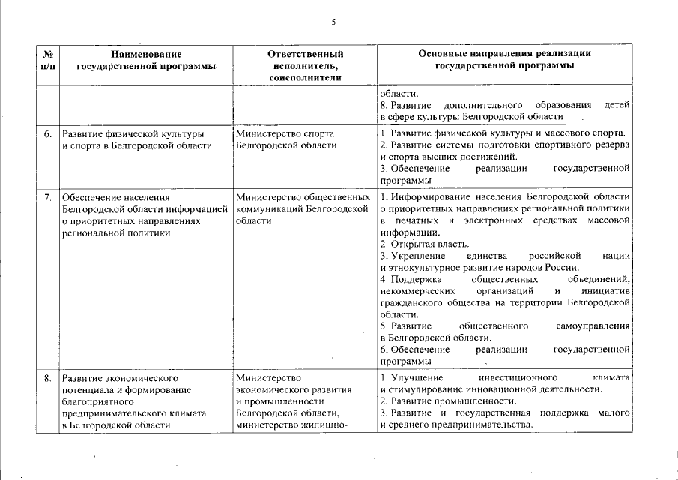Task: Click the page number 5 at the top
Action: [333, 22]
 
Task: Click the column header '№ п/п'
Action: [47, 60]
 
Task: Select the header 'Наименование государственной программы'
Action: [146, 60]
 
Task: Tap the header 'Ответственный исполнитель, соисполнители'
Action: [305, 65]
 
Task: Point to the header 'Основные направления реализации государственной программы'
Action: [504, 60]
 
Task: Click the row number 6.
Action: [47, 134]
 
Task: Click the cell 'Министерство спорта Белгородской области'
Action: [285, 139]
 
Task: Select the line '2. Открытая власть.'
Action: [425, 244]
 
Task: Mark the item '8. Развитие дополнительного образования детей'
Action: [504, 105]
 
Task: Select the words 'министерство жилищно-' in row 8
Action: [282, 425]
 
